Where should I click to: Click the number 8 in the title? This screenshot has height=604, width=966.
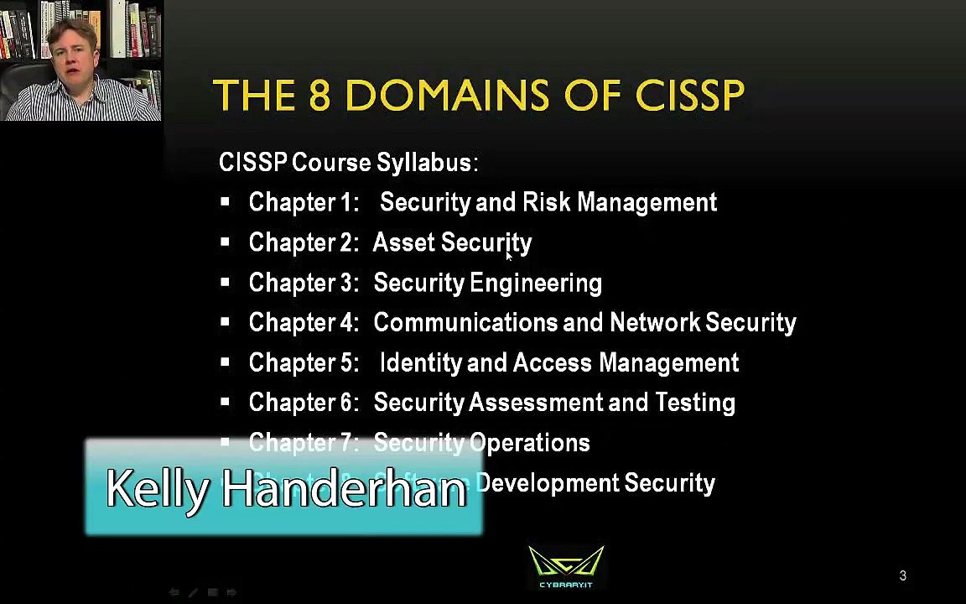click(319, 96)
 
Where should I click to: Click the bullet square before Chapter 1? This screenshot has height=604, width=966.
click(225, 202)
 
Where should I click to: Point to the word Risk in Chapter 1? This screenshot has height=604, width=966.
click(546, 202)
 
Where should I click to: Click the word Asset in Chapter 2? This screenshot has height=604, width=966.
click(398, 242)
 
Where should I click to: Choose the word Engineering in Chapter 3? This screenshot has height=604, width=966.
click(536, 283)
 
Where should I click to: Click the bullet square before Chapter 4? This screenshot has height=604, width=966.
click(225, 322)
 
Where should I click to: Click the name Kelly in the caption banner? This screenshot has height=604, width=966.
click(156, 488)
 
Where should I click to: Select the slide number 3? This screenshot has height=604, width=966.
click(902, 575)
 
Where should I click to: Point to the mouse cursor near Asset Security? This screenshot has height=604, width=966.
click(508, 257)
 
